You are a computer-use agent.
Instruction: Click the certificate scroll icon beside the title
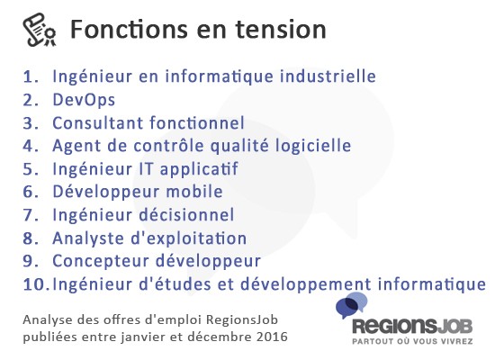(40, 30)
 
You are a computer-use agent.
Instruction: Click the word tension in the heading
(281, 30)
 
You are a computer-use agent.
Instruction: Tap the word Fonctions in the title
(129, 29)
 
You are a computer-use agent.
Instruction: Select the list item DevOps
(84, 100)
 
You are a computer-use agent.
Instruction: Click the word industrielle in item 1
(328, 76)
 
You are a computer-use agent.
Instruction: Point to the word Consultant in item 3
(97, 122)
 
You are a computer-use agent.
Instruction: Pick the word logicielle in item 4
(313, 146)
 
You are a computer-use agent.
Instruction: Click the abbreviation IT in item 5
(147, 169)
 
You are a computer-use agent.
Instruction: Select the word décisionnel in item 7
(187, 215)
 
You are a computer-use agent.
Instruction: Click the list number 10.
(35, 284)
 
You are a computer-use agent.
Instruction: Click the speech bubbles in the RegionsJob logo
(351, 305)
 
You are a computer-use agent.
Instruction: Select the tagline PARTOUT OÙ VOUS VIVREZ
(412, 341)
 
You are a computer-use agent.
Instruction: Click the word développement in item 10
(306, 284)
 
